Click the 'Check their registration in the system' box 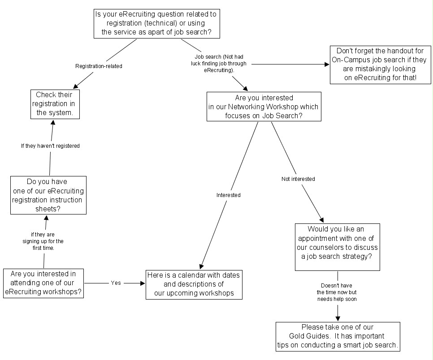(55, 104)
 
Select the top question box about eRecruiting (156, 23)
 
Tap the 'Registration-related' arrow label (99, 66)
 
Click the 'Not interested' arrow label (298, 179)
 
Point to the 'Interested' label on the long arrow (228, 195)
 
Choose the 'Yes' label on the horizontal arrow (116, 283)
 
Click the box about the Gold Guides (337, 336)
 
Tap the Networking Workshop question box (264, 107)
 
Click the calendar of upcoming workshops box (194, 284)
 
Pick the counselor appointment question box (337, 247)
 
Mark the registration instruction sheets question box (48, 195)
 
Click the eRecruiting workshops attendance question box (43, 283)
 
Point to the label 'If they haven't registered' (50, 146)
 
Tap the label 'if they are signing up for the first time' (43, 241)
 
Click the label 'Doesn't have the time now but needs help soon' (337, 292)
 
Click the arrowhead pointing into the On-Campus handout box (327, 64)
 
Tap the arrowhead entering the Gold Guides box (337, 318)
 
